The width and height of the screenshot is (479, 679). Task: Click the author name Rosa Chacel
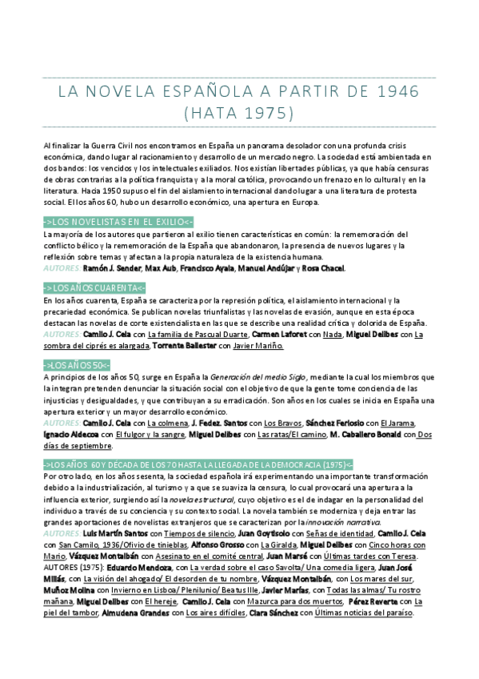click(x=323, y=268)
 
